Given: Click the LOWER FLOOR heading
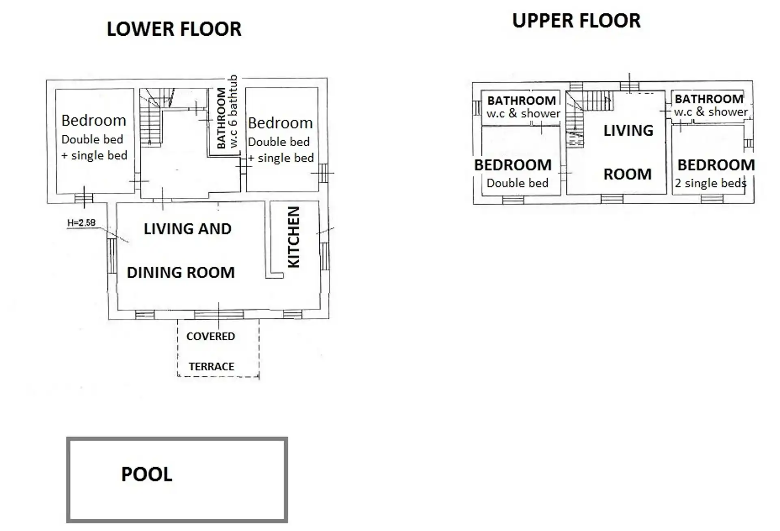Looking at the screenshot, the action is (x=174, y=29).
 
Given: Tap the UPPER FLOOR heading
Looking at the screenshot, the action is (x=576, y=21).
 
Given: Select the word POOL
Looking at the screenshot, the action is (x=147, y=474).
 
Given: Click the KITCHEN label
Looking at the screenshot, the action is (x=293, y=237).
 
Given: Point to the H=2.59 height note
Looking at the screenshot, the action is (x=81, y=222).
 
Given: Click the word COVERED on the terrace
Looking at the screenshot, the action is (x=210, y=336).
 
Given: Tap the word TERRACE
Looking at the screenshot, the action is (x=211, y=367).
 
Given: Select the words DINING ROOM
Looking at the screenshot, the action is (x=181, y=272).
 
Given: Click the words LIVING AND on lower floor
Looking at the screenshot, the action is (x=187, y=229).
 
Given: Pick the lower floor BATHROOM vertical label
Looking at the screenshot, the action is (x=221, y=118).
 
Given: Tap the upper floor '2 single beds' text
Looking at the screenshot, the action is (x=711, y=183).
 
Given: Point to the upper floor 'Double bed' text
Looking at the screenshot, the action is (x=517, y=183).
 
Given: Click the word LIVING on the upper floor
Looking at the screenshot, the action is (x=628, y=131).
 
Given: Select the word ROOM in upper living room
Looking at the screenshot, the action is (x=627, y=174).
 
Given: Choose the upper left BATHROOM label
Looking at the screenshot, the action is (x=522, y=100).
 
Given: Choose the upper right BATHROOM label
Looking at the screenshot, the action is (x=709, y=99).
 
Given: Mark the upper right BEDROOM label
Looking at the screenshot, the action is (x=716, y=165).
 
